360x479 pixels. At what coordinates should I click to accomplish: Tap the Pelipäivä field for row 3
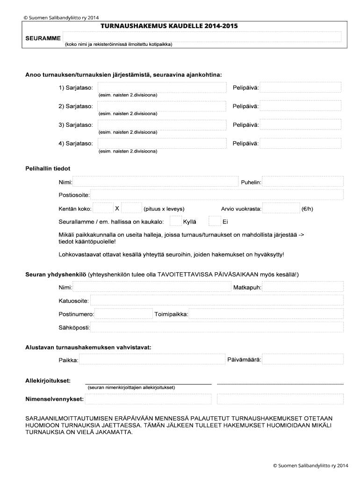pos(302,125)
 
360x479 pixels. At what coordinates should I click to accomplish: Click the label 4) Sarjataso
pos(75,143)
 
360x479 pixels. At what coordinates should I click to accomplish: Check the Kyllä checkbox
pos(175,221)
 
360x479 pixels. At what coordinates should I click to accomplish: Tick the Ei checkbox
pos(214,221)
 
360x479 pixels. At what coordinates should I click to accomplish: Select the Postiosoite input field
pos(217,195)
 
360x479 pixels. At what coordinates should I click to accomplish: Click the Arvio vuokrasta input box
pos(281,208)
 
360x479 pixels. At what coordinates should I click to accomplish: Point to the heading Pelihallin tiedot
pos(48,168)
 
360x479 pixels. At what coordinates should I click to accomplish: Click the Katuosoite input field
pos(217,300)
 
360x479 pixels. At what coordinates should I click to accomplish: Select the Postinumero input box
pos(122,314)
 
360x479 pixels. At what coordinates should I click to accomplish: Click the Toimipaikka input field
pos(266,314)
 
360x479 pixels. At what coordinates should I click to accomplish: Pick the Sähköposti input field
pos(217,327)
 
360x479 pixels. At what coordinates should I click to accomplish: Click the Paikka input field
pos(151,359)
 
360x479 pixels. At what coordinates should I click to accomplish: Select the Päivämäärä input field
pos(302,359)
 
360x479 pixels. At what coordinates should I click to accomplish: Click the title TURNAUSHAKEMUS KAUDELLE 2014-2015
pos(169,26)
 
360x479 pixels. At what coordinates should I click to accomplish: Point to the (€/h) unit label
pos(307,209)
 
